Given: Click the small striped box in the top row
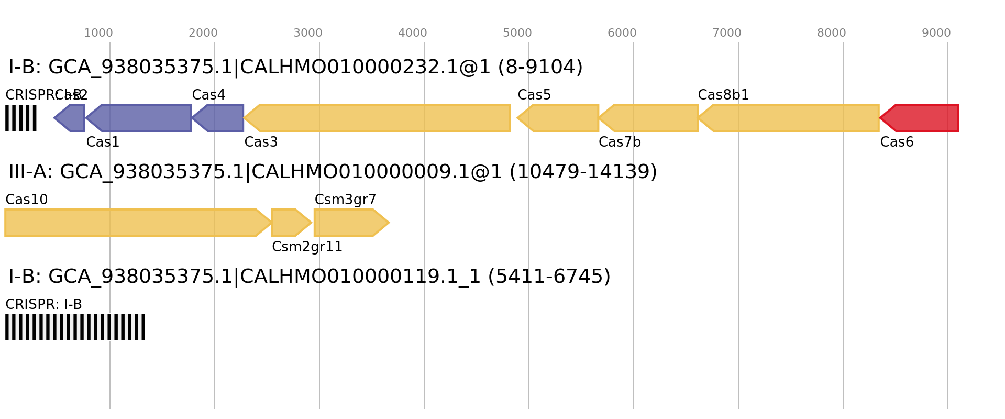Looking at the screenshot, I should (21, 118).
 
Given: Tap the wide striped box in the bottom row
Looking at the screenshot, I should (75, 327).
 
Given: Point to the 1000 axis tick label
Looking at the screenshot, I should (98, 33).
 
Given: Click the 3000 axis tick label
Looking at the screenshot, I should (308, 33).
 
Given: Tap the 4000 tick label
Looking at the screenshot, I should (413, 33).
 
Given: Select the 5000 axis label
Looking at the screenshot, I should (517, 33).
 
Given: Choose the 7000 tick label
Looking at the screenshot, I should (727, 33).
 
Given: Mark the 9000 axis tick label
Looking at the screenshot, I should (936, 33).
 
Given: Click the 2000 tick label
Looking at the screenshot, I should (203, 33).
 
